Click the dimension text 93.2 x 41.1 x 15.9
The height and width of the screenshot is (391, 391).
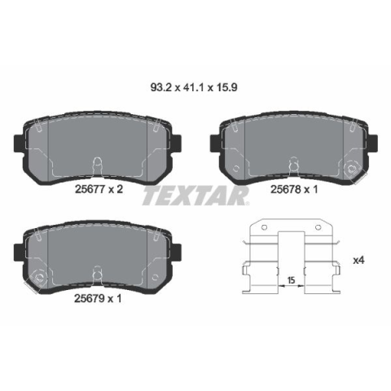[x=194, y=88]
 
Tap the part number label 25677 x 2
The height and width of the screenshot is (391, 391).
[x=99, y=189]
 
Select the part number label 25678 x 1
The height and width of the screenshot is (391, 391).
[x=294, y=189]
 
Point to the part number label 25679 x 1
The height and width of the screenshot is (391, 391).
[x=98, y=299]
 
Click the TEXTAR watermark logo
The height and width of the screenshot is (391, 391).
[x=195, y=195]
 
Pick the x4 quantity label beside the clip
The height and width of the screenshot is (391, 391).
[x=358, y=261]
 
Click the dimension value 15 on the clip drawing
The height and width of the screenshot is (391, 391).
[x=291, y=280]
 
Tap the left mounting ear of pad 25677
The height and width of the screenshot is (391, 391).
[x=19, y=143]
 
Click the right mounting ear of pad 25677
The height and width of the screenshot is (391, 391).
[x=177, y=143]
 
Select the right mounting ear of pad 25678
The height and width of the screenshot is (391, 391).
[x=374, y=143]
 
